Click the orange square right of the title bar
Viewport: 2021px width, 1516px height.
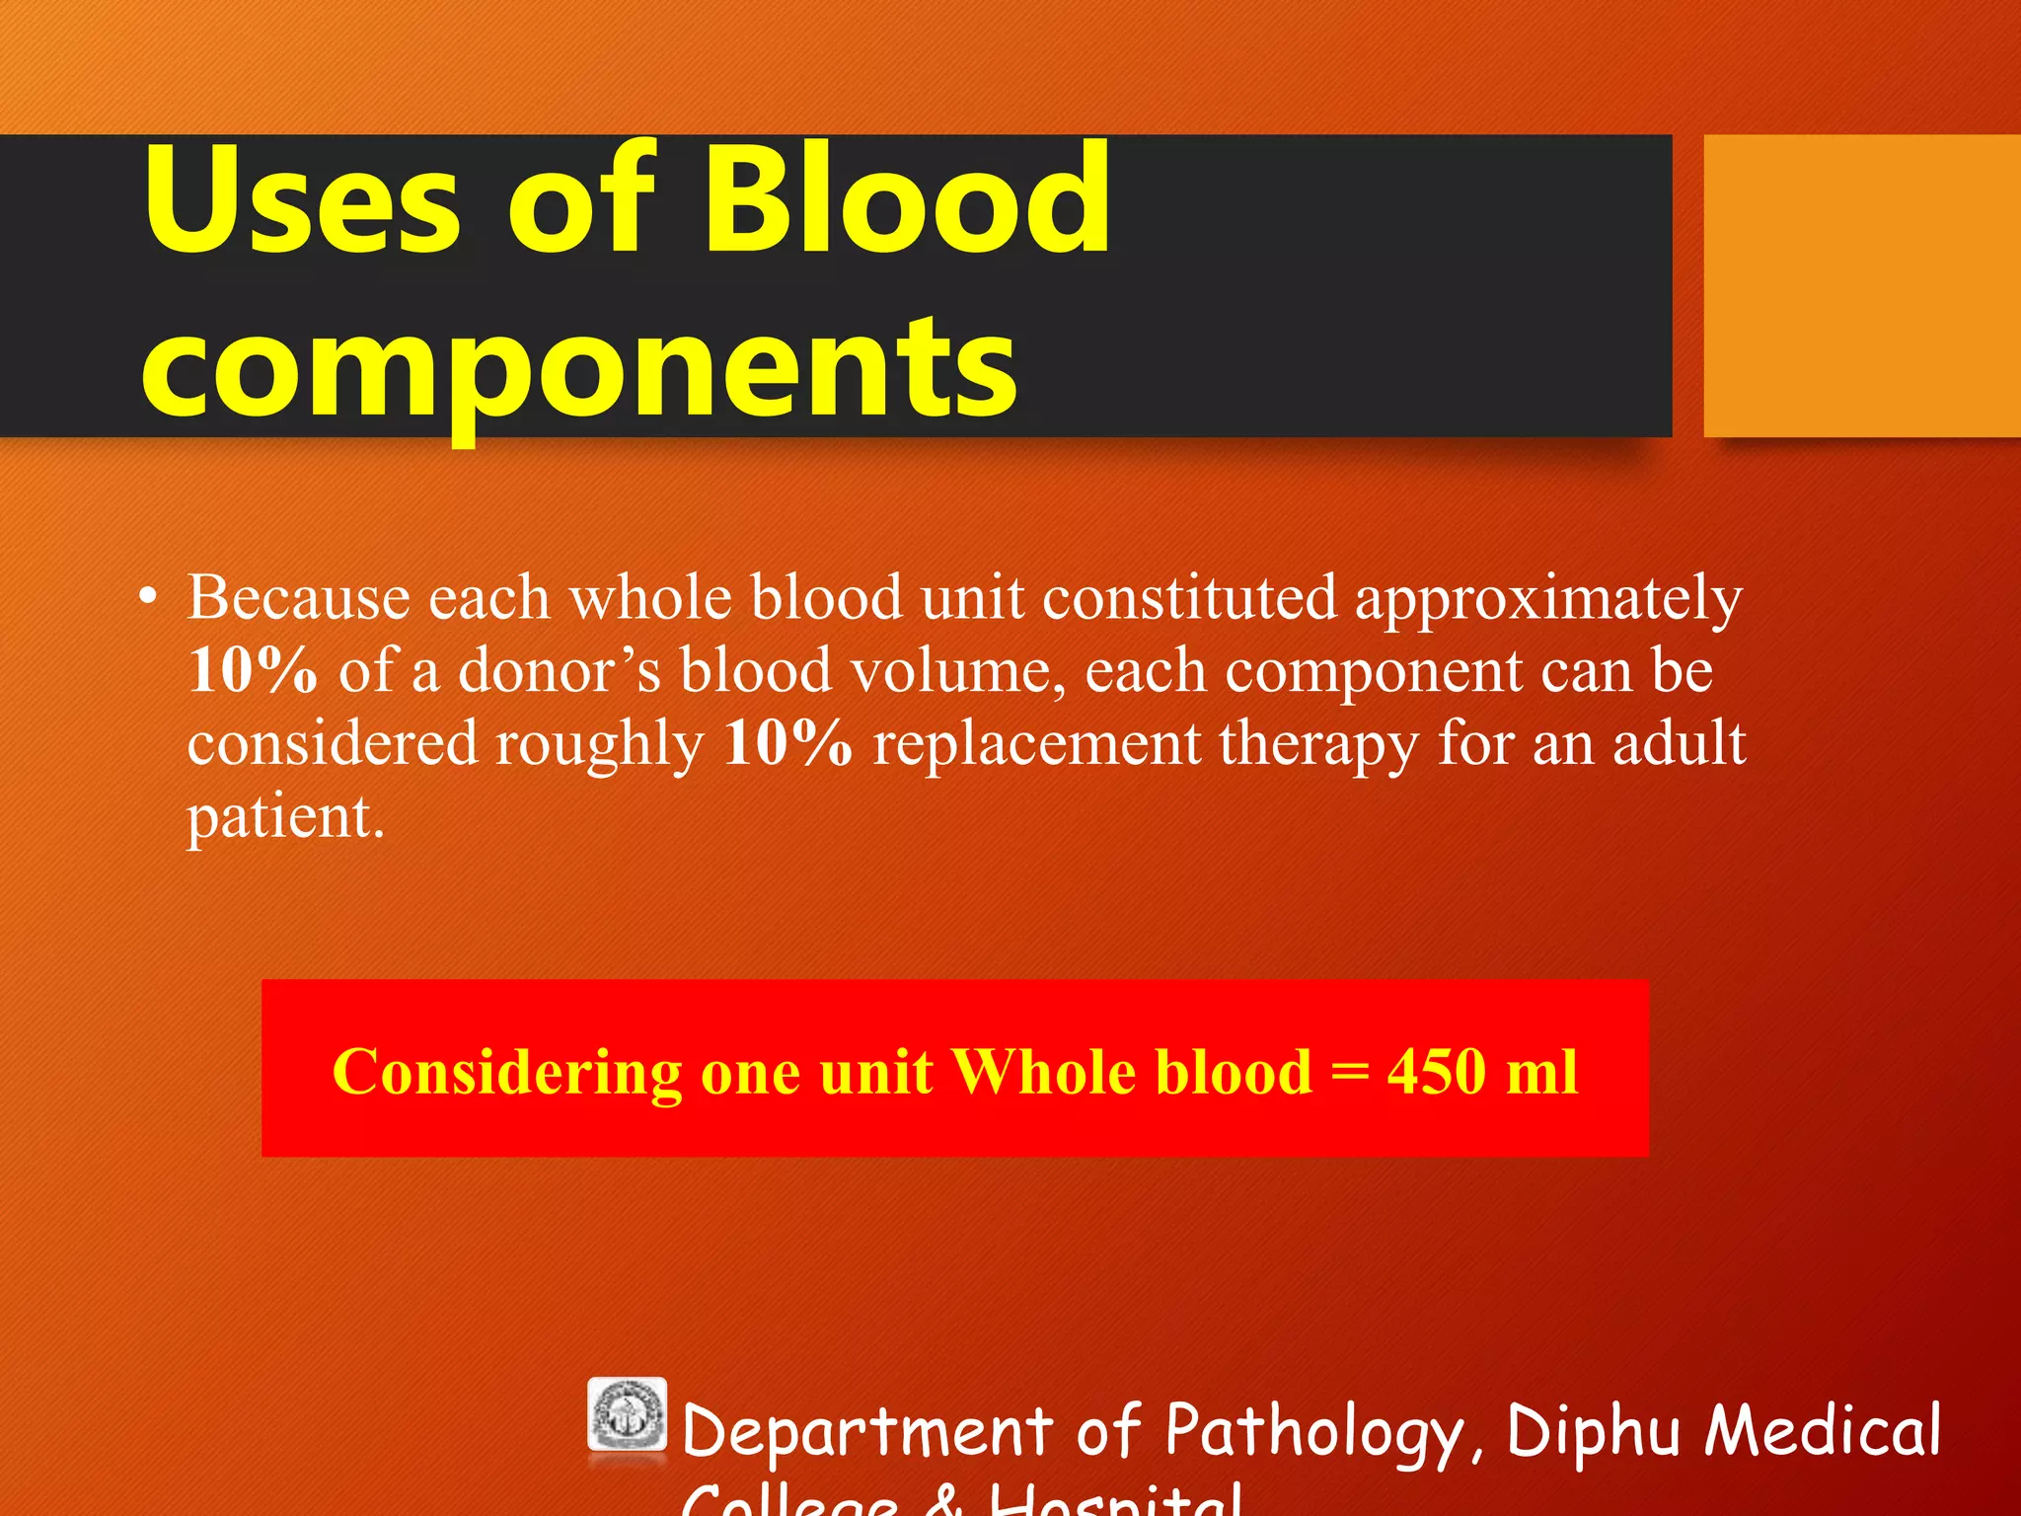[x=1862, y=285]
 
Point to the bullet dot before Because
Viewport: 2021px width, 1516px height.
[x=148, y=596]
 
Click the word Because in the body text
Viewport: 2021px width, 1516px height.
[x=298, y=598]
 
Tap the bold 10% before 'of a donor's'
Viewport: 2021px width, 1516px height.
[x=253, y=670]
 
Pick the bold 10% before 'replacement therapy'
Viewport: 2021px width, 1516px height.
[x=786, y=743]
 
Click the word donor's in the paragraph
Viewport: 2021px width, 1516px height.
[x=560, y=671]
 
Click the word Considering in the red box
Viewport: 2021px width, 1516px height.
[x=506, y=1072]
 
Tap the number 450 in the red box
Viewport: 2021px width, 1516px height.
[x=1436, y=1072]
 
